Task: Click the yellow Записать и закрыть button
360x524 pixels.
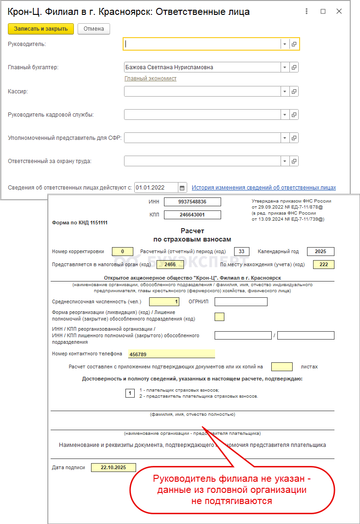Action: [41, 29]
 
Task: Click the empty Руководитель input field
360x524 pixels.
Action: [202, 44]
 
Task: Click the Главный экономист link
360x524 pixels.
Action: [151, 79]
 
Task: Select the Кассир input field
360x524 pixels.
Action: [202, 92]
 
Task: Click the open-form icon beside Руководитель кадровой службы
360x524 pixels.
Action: [294, 114]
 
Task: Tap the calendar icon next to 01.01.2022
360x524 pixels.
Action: [183, 188]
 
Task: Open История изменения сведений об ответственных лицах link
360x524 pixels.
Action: [264, 188]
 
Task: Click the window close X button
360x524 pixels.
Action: [340, 12]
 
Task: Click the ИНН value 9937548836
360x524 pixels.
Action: [192, 202]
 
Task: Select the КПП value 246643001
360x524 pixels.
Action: [192, 215]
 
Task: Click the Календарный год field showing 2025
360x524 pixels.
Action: [321, 251]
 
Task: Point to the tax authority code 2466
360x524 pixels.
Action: [170, 265]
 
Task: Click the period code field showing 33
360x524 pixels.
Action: [242, 251]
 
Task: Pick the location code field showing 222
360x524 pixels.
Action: [324, 265]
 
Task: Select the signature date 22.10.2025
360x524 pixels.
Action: [113, 468]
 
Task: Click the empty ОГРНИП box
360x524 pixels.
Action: [241, 302]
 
